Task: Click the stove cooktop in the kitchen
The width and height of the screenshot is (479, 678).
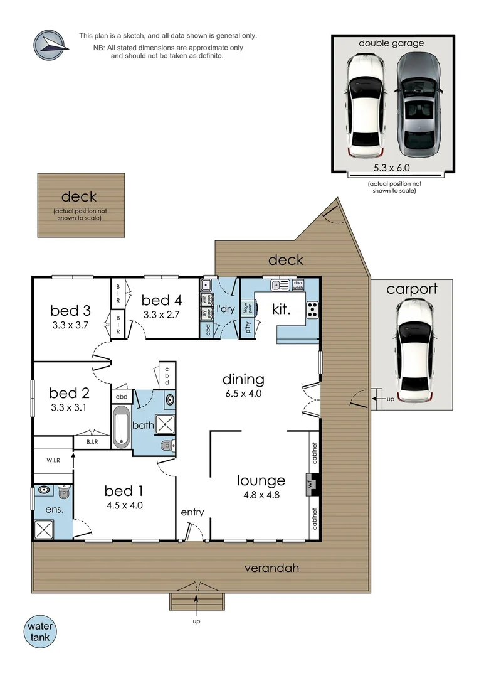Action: pyautogui.click(x=312, y=309)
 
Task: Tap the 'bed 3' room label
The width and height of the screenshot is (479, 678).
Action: pyautogui.click(x=70, y=310)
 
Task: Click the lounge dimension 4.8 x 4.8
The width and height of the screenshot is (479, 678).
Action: pyautogui.click(x=261, y=494)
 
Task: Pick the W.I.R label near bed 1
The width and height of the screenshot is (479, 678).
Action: pyautogui.click(x=53, y=460)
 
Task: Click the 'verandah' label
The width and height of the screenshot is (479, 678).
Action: pyautogui.click(x=271, y=568)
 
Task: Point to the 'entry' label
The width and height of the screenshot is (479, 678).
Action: pyautogui.click(x=192, y=512)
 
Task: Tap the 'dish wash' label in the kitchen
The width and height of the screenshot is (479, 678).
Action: pyautogui.click(x=298, y=285)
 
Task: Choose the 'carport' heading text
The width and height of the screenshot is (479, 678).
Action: pyautogui.click(x=411, y=289)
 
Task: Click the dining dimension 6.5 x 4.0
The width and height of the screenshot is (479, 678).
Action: pyautogui.click(x=243, y=394)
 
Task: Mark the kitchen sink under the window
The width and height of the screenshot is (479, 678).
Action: pyautogui.click(x=280, y=286)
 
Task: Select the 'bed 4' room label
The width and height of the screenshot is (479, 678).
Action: pyautogui.click(x=161, y=299)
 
